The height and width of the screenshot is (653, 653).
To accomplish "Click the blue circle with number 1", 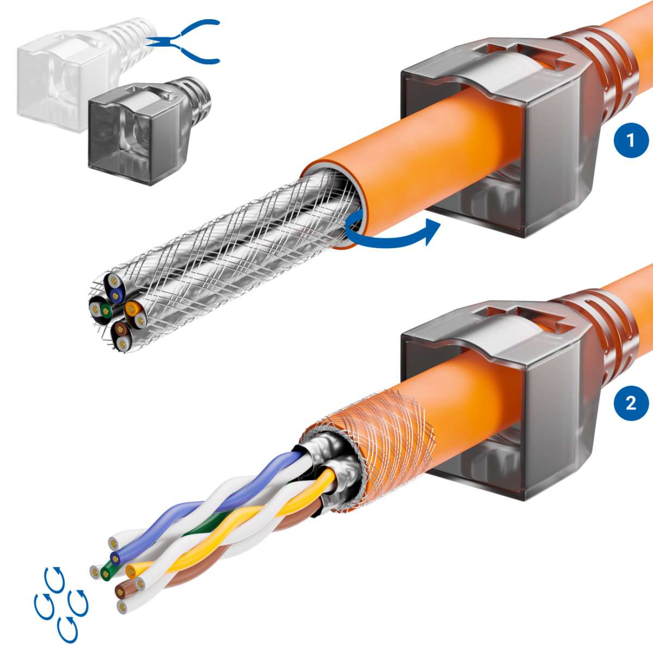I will (x=631, y=141).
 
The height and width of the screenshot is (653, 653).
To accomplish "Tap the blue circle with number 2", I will (x=631, y=403).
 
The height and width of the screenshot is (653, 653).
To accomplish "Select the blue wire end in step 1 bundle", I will (x=115, y=295).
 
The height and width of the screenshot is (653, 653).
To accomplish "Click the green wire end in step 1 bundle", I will (x=106, y=311).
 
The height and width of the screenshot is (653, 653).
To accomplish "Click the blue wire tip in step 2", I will (x=115, y=558).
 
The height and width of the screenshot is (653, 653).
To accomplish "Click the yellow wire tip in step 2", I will (x=131, y=571).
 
